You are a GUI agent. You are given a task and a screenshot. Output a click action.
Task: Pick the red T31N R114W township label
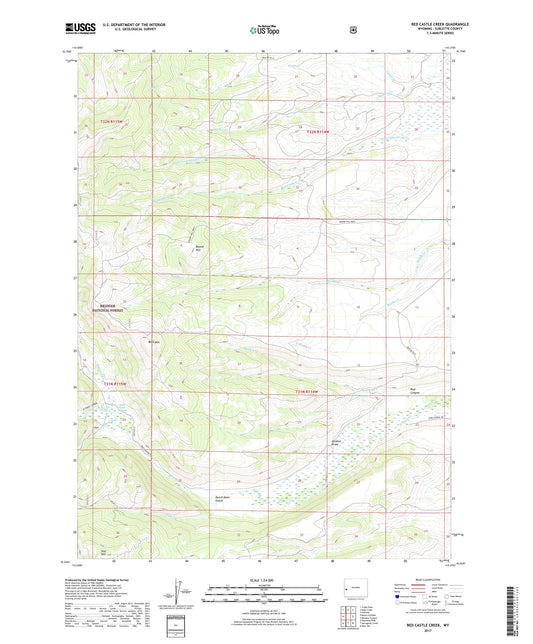click(x=312, y=391)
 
